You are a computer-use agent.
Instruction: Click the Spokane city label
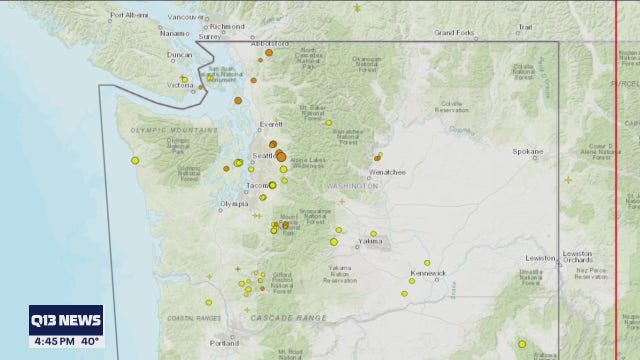(528, 151)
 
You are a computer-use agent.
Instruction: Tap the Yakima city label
(372, 243)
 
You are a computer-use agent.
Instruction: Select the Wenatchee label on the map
(391, 172)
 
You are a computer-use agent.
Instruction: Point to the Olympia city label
(233, 204)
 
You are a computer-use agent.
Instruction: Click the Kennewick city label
(427, 272)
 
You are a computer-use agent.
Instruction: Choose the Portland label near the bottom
(225, 342)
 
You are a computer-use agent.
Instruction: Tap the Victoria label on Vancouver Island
(180, 86)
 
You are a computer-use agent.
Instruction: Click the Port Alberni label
(129, 15)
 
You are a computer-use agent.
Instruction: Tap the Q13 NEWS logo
(66, 320)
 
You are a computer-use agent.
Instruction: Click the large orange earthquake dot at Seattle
(281, 156)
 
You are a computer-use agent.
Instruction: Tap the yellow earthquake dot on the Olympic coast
(135, 160)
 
